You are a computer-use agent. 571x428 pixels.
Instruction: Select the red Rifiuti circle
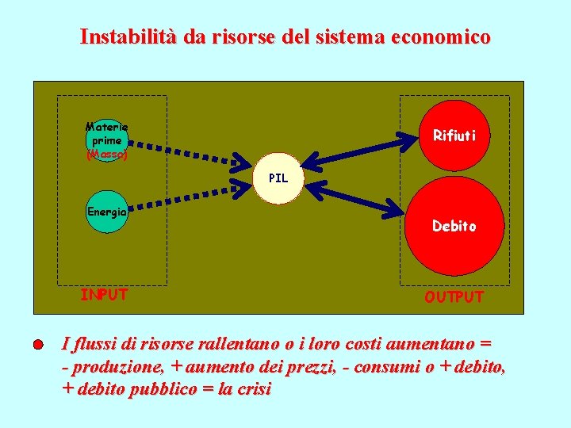point(454,136)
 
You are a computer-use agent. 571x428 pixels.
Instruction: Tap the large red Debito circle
point(454,225)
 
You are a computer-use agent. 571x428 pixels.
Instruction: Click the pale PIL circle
point(278,178)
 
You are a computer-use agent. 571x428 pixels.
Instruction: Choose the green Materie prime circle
point(106,141)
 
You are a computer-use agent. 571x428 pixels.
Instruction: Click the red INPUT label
point(104,295)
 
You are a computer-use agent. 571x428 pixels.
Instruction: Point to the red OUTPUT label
point(454,297)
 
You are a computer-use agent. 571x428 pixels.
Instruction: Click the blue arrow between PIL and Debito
point(352,197)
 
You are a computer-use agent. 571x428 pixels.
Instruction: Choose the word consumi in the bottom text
point(390,367)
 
